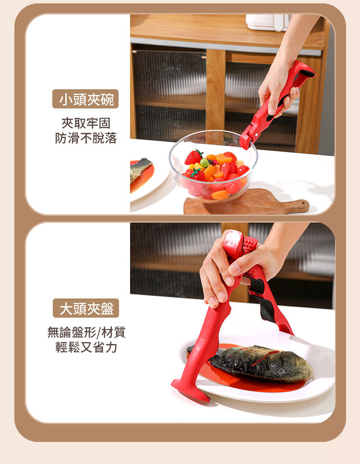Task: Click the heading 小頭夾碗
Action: coord(86,99)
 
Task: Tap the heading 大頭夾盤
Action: coord(86,309)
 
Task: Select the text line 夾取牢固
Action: coord(86,123)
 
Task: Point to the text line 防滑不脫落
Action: coord(86,138)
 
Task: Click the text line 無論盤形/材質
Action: coord(86,333)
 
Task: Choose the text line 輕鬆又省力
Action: coord(86,347)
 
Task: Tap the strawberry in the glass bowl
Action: coord(193,157)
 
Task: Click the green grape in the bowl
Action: coord(204,163)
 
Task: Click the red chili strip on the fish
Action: coord(265,358)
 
